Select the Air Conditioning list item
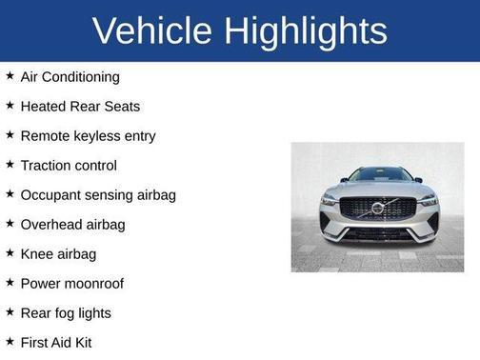[x=70, y=76]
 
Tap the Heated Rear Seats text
[x=79, y=106]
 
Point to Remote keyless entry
[x=88, y=135]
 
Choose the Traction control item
[x=69, y=165]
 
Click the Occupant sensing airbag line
[x=98, y=194]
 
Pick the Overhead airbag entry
[x=72, y=224]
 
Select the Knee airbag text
[x=58, y=253]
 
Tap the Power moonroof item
[x=71, y=283]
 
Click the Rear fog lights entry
[x=66, y=312]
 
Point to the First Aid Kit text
[x=56, y=342]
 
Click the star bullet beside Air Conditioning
[x=10, y=75]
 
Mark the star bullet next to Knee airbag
[x=10, y=252]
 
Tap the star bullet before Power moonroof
[x=10, y=282]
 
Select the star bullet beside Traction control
[x=10, y=164]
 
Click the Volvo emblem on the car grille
[x=377, y=208]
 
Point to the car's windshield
[x=378, y=175]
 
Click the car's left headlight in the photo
[x=330, y=200]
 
